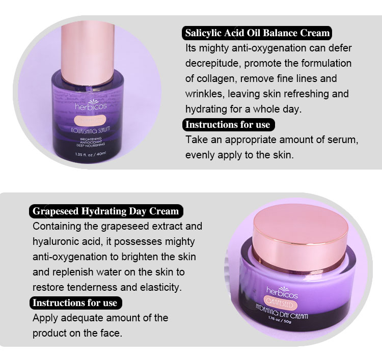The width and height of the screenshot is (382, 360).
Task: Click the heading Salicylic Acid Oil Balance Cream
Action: click(x=257, y=33)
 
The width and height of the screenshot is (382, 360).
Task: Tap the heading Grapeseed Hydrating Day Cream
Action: click(x=105, y=211)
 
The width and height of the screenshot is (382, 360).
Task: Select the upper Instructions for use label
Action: click(x=227, y=125)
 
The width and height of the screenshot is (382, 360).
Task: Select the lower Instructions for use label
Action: click(x=75, y=302)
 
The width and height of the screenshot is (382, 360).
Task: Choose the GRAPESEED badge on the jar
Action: click(x=281, y=302)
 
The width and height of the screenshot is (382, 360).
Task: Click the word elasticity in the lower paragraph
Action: click(x=158, y=287)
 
